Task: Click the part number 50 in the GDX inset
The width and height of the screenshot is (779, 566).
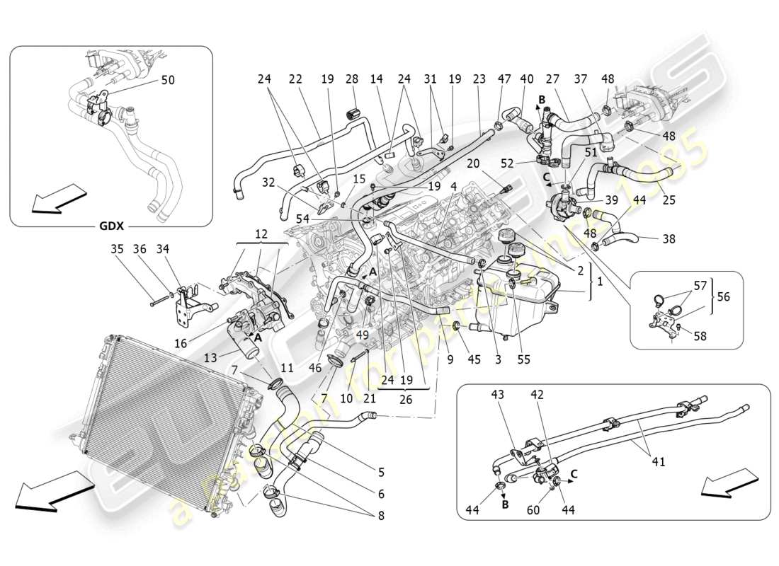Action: coord(167,81)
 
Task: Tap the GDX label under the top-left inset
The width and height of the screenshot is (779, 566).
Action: coord(111,226)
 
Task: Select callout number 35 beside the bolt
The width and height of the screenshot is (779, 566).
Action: coord(117,248)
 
